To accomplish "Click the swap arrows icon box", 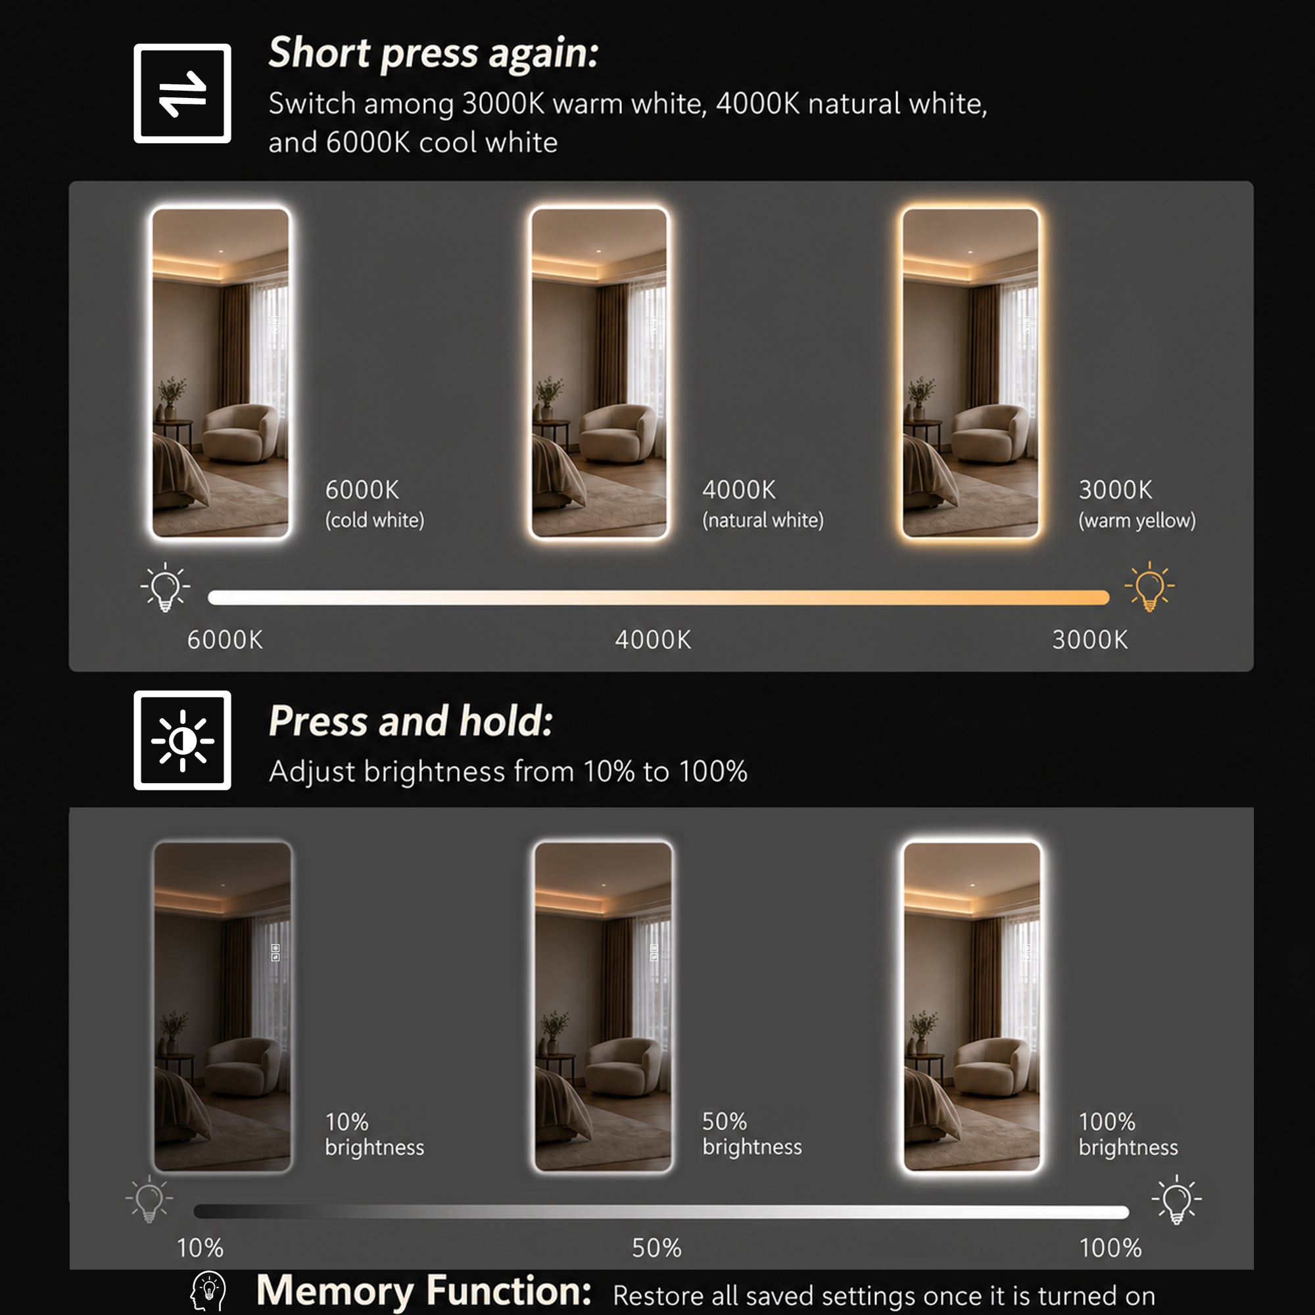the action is [182, 93].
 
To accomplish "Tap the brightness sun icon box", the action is [182, 740].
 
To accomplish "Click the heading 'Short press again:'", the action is [433, 54].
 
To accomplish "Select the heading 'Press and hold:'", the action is [411, 721].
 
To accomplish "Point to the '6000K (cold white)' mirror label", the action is [374, 504].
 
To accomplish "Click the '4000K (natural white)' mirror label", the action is [763, 504].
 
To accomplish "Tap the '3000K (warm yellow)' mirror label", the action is [1137, 504].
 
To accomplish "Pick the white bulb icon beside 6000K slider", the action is [166, 586].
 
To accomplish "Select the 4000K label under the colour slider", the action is [653, 640].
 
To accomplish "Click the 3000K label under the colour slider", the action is [1089, 640].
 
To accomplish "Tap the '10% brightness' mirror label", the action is [374, 1134].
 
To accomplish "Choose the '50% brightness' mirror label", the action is [752, 1134].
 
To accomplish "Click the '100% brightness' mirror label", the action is [1128, 1134].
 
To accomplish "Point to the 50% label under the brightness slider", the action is [657, 1248].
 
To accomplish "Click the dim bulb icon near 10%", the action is [150, 1199].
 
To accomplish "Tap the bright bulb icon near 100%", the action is [1177, 1199].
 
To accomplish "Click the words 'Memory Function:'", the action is [424, 1291].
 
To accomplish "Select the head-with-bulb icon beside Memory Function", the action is [208, 1292].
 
